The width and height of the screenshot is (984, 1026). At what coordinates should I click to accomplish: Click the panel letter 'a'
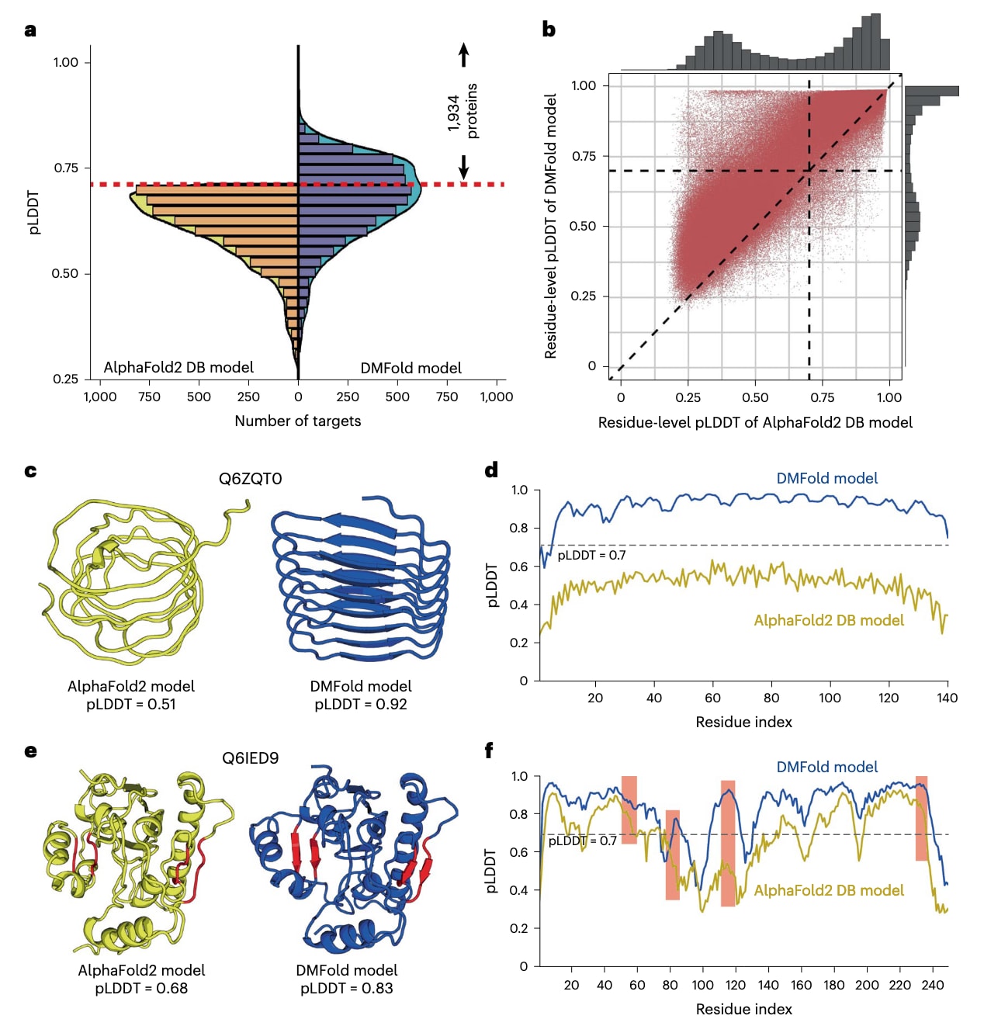click(x=30, y=30)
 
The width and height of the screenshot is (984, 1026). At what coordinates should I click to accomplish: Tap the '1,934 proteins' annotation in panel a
click(x=463, y=111)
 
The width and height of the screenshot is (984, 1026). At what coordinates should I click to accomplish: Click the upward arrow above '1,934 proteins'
click(x=463, y=54)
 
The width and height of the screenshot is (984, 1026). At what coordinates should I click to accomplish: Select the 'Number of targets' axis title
click(x=298, y=421)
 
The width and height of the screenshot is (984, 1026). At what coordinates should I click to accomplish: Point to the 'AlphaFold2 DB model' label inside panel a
click(x=178, y=367)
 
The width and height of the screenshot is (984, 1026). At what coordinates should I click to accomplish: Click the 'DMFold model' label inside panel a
click(x=411, y=368)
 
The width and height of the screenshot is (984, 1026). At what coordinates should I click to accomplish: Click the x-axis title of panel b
click(x=755, y=422)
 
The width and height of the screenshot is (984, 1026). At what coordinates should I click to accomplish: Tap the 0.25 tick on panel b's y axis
click(x=584, y=296)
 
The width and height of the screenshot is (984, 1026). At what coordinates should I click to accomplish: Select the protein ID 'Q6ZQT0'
click(x=250, y=479)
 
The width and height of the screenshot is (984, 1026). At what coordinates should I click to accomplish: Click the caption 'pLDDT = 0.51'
click(x=131, y=704)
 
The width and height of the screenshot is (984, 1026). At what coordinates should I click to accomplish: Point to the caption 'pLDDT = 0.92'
click(x=361, y=704)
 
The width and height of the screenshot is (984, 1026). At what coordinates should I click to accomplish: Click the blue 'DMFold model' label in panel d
click(x=827, y=478)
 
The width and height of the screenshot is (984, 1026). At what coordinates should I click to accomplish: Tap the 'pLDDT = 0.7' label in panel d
click(x=591, y=555)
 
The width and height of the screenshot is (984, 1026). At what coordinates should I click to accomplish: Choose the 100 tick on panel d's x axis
click(x=830, y=697)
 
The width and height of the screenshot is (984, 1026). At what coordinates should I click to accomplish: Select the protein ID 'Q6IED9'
click(x=250, y=757)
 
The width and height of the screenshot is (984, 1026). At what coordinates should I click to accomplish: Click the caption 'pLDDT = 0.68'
click(x=141, y=988)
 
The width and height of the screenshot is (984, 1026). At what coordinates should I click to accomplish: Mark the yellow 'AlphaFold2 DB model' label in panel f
click(x=829, y=890)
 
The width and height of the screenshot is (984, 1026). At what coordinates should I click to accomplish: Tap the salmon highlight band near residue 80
click(x=672, y=854)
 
